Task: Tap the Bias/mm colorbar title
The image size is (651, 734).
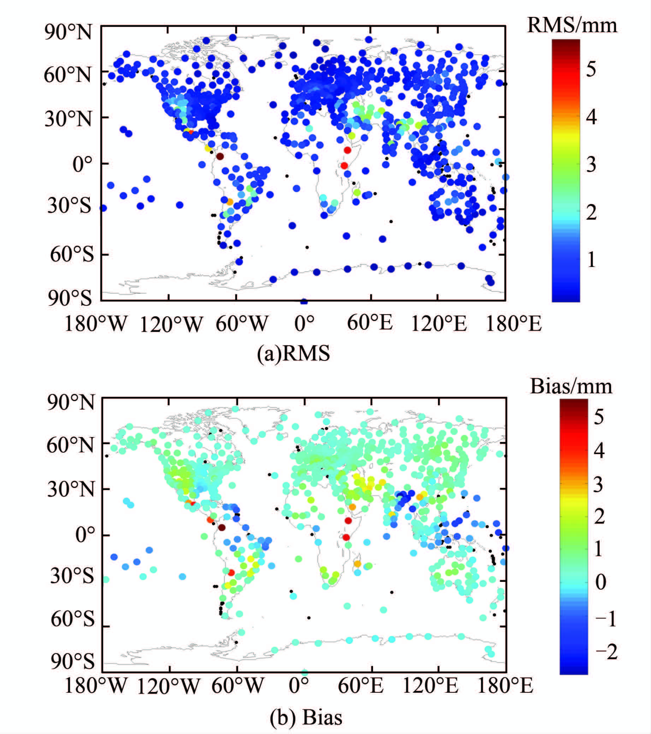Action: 571,387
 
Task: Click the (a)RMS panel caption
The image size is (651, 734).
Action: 293,353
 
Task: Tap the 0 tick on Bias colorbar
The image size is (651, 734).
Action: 601,582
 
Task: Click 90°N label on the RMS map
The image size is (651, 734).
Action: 68,32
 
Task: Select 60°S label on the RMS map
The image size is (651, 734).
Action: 71,255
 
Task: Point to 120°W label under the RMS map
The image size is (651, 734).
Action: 171,324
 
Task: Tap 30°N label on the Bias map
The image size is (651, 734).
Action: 70,489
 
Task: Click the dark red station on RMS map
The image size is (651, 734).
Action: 220,156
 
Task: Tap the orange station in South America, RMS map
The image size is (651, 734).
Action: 230,202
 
